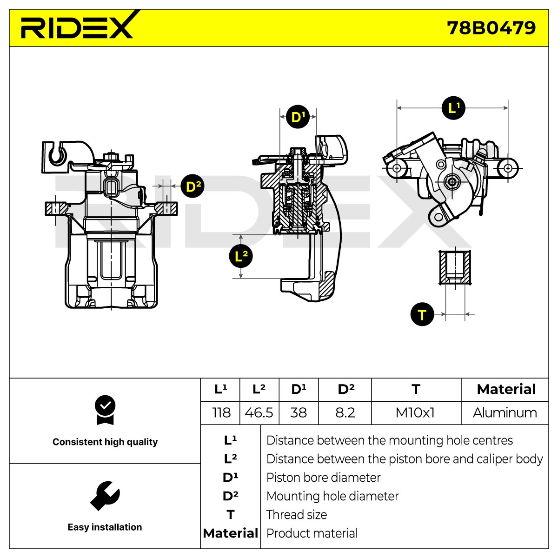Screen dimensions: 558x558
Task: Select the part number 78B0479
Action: click(x=491, y=28)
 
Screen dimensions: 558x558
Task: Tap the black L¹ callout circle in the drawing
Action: click(x=453, y=108)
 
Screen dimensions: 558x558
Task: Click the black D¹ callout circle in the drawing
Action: click(x=298, y=117)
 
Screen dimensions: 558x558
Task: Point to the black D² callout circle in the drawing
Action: click(x=192, y=186)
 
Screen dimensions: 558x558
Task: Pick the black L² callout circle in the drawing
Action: click(x=240, y=256)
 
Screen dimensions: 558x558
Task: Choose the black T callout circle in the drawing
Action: click(x=422, y=314)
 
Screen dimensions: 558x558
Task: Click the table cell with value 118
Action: click(x=221, y=413)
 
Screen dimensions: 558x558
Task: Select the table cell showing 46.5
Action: click(x=259, y=413)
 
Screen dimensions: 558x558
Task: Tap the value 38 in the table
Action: click(x=299, y=413)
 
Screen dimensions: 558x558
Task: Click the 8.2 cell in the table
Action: click(x=345, y=413)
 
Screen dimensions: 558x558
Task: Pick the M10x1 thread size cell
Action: click(x=416, y=413)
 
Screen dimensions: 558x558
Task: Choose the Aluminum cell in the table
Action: click(x=505, y=413)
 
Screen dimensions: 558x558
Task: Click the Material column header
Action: click(x=506, y=390)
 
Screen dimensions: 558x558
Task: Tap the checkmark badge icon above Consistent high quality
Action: click(x=105, y=410)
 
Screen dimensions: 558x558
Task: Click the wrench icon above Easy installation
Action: click(x=105, y=496)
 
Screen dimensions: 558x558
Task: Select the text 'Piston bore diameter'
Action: click(x=323, y=478)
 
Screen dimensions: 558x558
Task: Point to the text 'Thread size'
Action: click(x=297, y=515)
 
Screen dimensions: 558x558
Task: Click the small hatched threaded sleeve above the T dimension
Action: click(x=455, y=267)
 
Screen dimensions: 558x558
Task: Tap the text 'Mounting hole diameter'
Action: click(x=332, y=496)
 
